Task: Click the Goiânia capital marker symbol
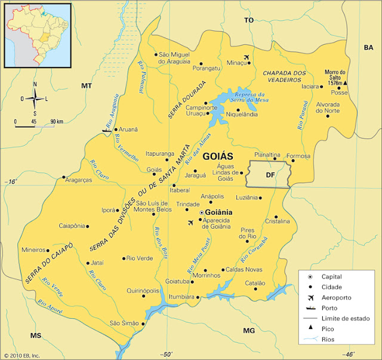click(201, 213)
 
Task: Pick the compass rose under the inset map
click(35, 99)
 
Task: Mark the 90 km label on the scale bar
click(57, 121)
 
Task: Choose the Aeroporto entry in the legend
click(337, 297)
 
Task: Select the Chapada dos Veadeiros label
click(284, 76)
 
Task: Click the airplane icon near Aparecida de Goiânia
click(191, 223)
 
